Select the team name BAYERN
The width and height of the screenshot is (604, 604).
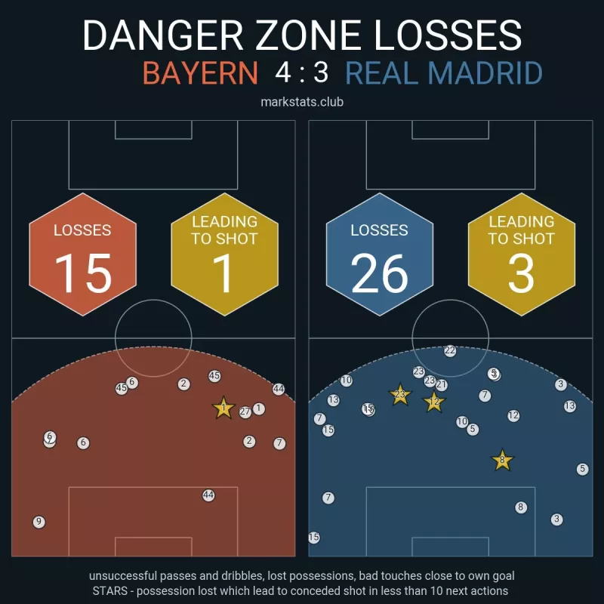200,73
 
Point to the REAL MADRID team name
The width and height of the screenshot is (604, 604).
444,73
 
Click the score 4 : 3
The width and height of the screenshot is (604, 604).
302,73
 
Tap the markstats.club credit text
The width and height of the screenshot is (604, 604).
302,101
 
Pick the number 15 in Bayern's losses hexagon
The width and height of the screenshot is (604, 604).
83,273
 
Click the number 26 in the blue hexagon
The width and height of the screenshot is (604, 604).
380,273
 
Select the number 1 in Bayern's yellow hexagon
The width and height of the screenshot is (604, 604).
224,273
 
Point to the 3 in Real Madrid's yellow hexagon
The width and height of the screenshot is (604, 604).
521,273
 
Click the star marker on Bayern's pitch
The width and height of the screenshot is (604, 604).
223,408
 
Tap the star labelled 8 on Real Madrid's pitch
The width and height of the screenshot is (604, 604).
502,460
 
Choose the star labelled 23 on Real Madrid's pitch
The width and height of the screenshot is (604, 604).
399,395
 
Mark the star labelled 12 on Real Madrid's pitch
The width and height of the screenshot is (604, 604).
433,402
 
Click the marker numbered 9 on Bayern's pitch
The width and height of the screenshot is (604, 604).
39,522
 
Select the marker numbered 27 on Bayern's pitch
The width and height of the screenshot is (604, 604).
245,412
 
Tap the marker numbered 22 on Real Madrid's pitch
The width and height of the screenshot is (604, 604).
450,351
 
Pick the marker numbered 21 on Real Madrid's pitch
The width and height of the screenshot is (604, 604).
442,385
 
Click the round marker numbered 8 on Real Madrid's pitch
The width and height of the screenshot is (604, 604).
520,507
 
